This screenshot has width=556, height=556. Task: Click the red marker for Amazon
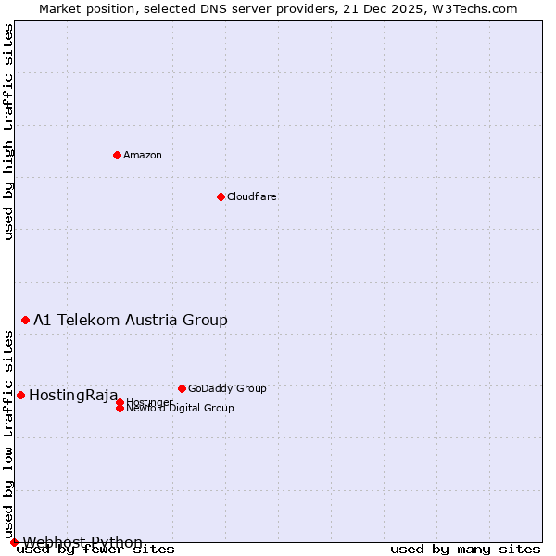(x=117, y=155)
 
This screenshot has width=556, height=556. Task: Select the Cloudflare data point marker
(x=221, y=196)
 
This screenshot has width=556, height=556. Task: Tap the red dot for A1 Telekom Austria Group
(x=25, y=320)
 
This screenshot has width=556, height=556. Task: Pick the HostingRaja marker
(x=20, y=395)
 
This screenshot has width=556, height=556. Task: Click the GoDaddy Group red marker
(x=182, y=388)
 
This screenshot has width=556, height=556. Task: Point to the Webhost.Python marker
(x=14, y=542)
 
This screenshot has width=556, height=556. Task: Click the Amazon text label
(x=143, y=155)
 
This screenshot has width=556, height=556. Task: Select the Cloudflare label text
(x=252, y=196)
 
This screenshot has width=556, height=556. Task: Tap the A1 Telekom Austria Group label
(x=131, y=320)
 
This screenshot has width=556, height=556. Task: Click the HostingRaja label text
(x=73, y=396)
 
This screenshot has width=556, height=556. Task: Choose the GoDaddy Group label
(x=227, y=388)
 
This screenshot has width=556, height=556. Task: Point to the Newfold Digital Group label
(x=180, y=409)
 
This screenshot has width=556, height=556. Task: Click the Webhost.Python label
(x=82, y=542)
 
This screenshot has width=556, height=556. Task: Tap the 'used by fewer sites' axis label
(x=95, y=550)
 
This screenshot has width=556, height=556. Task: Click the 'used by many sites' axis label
(x=465, y=550)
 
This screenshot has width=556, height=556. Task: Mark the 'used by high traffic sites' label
(x=9, y=132)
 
